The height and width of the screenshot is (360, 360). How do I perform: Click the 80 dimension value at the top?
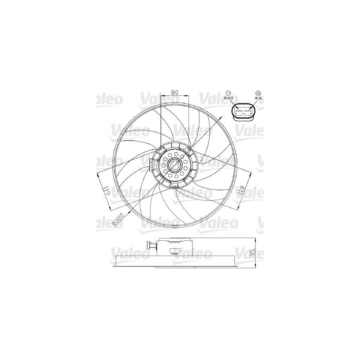175,92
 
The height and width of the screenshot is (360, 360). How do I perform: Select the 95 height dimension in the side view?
252,252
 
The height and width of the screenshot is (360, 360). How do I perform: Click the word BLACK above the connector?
228,98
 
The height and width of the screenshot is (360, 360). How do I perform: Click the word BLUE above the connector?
258,98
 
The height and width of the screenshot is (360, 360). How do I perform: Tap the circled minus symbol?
228,91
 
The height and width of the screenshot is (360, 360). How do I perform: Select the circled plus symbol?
258,91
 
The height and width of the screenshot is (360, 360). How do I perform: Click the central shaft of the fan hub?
174,165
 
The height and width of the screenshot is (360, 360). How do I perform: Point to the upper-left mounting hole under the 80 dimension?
161,148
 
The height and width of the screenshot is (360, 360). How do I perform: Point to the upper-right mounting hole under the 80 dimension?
189,148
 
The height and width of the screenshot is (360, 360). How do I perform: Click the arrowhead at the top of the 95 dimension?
255,239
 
